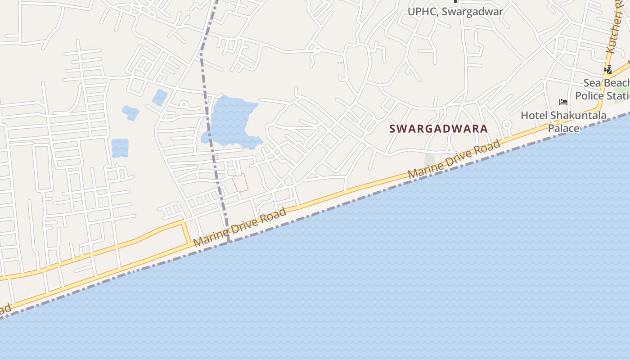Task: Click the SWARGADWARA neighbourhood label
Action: point(438,129)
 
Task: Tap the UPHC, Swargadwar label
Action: point(455,12)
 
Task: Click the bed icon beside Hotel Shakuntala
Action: point(563,102)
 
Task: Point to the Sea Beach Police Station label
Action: point(603,89)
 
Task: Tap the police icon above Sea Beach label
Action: point(608,70)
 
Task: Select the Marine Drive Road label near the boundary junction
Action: point(240,227)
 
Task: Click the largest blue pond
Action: point(232,121)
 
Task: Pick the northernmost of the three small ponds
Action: point(159,97)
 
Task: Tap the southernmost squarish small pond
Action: point(120,148)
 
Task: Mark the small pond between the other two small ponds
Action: point(130,112)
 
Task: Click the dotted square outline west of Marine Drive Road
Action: point(240,183)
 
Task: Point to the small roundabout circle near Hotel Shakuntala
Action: point(507,125)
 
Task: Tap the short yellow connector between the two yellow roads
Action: point(185,233)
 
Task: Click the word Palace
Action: point(563,128)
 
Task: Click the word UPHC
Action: point(422,12)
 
